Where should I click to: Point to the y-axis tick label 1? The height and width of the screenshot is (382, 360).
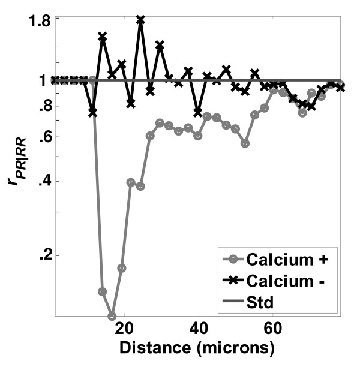click(46, 80)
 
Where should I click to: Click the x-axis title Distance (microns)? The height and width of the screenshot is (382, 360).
click(198, 347)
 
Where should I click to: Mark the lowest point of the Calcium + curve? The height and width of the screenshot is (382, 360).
click(112, 316)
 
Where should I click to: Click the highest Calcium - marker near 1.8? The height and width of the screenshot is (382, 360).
click(140, 20)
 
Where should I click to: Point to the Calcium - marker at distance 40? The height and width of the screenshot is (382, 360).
click(198, 112)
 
